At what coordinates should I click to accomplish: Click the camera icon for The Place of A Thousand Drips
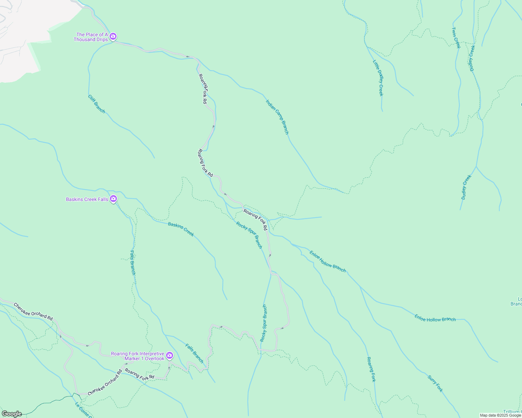coord(113,36)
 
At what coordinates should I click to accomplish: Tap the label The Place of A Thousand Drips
coord(91,37)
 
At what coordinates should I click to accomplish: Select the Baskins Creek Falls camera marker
coord(113,199)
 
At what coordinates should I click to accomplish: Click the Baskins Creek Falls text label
coord(87,199)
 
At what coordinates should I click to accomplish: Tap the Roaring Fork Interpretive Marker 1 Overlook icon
coord(170,355)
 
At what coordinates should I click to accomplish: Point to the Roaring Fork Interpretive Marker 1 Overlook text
coord(137,356)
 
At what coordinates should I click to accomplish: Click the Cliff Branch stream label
coord(96,104)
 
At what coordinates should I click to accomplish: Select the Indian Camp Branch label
coord(277,117)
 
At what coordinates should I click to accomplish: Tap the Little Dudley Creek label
coord(378,78)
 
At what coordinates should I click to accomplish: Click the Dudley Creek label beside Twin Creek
coord(471,58)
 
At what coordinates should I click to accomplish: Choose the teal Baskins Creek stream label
coord(181,229)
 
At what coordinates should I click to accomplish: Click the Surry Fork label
coord(435,384)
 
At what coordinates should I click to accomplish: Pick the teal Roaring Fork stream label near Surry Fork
coord(371,369)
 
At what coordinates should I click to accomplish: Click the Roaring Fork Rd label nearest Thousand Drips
coord(203,89)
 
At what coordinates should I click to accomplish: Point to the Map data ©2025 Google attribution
coord(500,415)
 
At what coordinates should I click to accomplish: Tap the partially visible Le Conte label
coord(83,410)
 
